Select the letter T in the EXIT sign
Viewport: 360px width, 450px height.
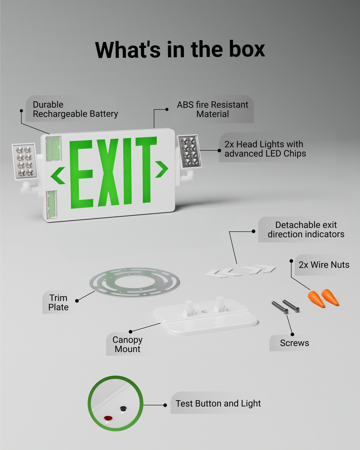click(x=146, y=169)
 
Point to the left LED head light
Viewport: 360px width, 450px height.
click(x=25, y=161)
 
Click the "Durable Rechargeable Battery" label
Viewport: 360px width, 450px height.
click(x=75, y=109)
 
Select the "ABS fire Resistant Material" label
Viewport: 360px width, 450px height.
click(x=212, y=109)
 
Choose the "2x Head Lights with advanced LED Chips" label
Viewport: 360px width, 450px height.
click(x=265, y=149)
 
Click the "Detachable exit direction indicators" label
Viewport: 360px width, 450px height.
click(x=306, y=229)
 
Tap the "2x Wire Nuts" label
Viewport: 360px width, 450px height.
click(x=324, y=265)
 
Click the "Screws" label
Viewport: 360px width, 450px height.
click(x=294, y=343)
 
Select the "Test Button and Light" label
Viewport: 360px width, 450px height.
click(x=218, y=403)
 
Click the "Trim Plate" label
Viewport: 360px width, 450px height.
click(x=58, y=302)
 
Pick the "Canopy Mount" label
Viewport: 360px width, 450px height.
click(x=127, y=344)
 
